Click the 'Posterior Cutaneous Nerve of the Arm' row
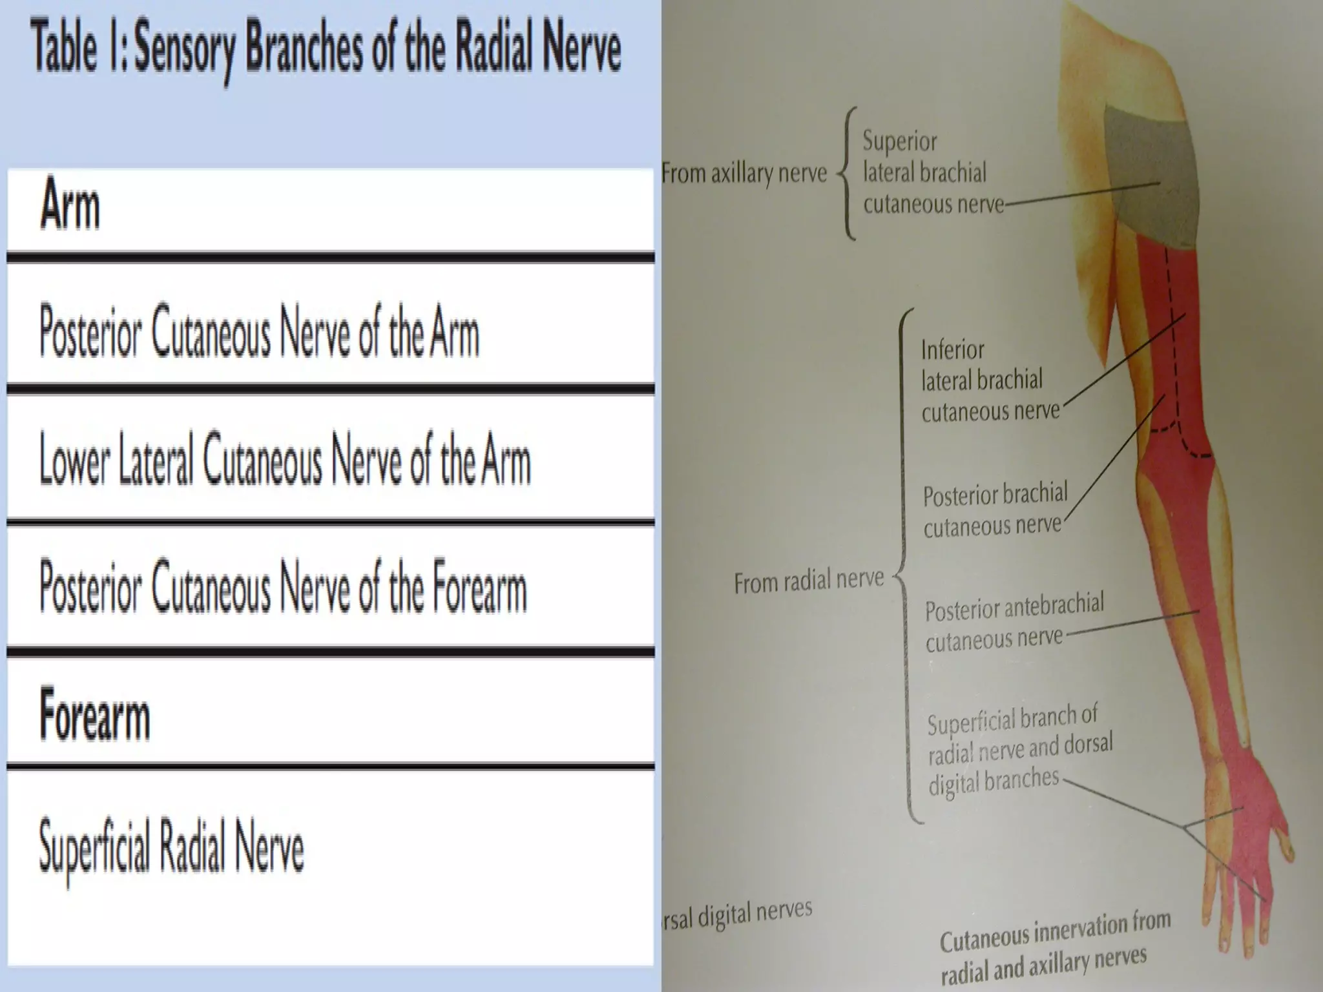(259, 333)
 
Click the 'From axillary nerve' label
(744, 173)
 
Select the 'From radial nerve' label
(809, 581)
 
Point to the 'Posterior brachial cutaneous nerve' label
(994, 510)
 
